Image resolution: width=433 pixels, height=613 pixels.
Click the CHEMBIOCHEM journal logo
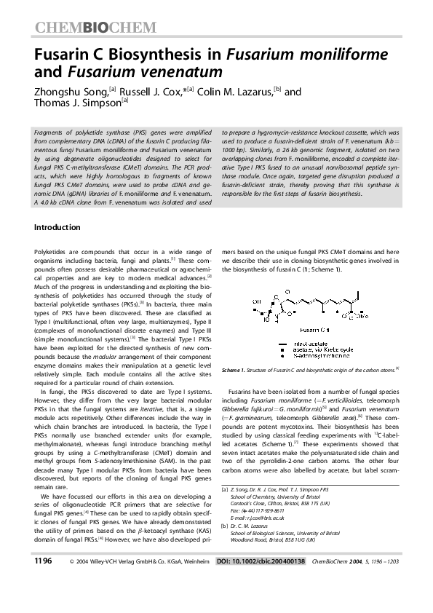point(95,28)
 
